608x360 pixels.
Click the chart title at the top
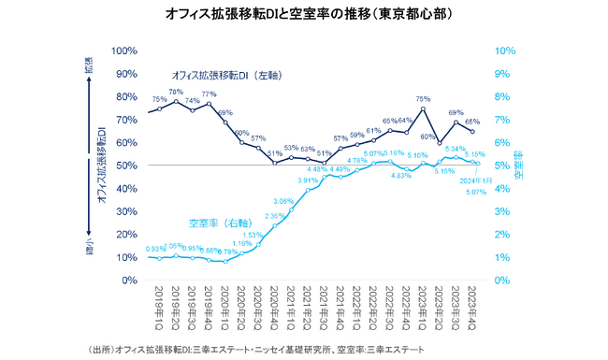point(304,14)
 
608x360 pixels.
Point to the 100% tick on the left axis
point(124,50)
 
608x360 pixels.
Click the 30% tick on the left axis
point(127,211)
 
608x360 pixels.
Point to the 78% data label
point(175,92)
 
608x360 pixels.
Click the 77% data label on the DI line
point(209,94)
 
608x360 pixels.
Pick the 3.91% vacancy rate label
point(309,180)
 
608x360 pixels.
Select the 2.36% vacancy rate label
point(276,216)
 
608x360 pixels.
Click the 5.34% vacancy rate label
point(456,149)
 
